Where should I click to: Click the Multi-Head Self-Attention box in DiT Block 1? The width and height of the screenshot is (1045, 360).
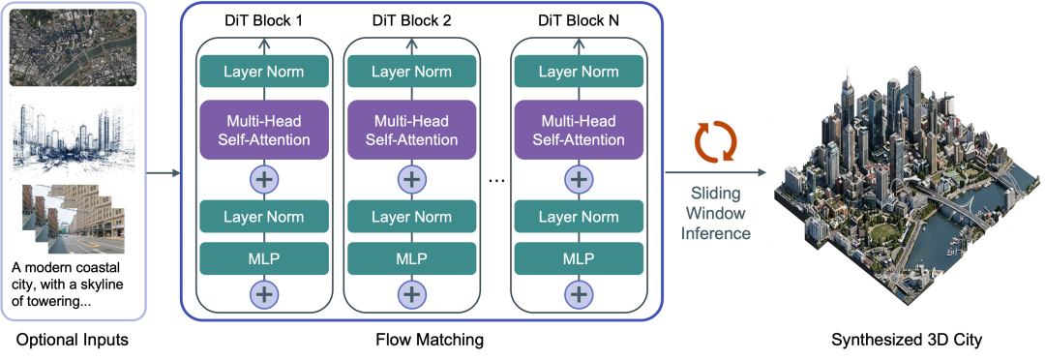pyautogui.click(x=264, y=130)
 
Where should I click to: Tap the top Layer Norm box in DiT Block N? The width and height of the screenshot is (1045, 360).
pyautogui.click(x=579, y=72)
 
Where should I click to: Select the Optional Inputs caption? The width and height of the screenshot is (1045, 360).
pyautogui.click(x=72, y=340)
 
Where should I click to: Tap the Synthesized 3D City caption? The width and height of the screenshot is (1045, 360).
pyautogui.click(x=907, y=340)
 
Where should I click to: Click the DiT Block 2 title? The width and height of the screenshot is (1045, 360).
pyautogui.click(x=412, y=20)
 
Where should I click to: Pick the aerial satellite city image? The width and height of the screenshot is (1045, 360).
pyautogui.click(x=74, y=47)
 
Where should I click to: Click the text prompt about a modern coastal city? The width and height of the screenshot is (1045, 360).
pyautogui.click(x=70, y=285)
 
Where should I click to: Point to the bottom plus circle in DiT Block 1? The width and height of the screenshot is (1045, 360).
pyautogui.click(x=264, y=292)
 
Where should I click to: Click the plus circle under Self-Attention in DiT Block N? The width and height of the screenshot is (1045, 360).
pyautogui.click(x=579, y=179)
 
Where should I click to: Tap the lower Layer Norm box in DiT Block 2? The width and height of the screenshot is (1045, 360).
pyautogui.click(x=412, y=217)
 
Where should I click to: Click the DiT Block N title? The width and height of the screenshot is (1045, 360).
pyautogui.click(x=579, y=20)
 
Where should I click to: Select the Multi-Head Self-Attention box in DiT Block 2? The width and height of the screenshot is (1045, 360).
pyautogui.click(x=412, y=130)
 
